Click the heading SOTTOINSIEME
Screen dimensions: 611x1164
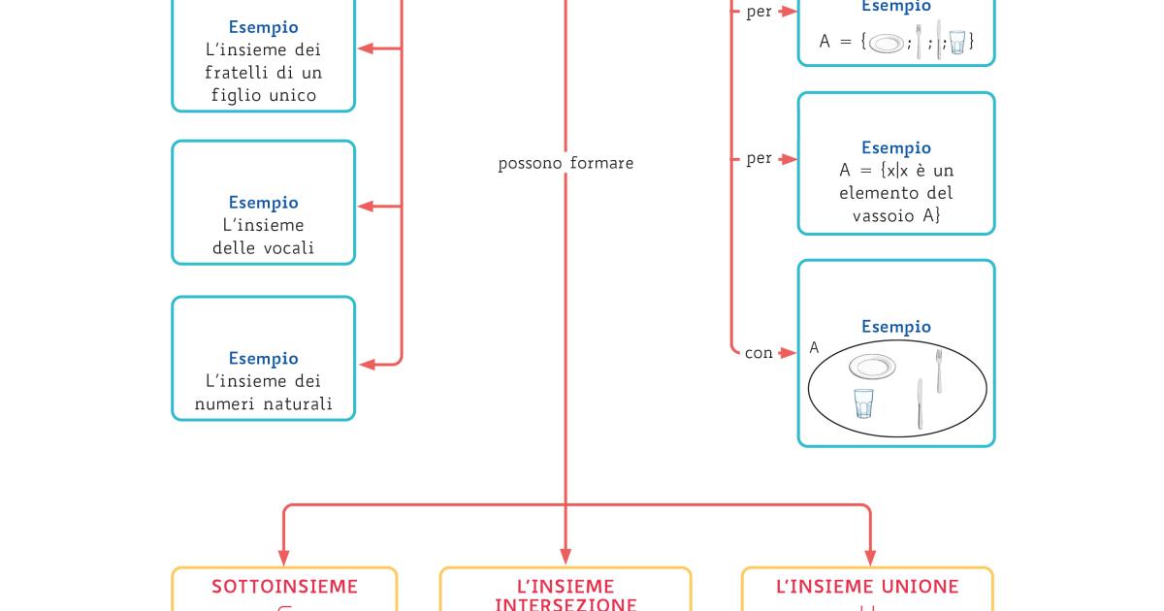click(284, 587)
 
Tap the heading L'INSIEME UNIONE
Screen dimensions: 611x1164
click(867, 587)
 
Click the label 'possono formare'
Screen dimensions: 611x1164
click(566, 163)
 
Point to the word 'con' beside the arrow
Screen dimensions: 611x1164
click(759, 353)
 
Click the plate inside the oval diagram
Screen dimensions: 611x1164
click(872, 367)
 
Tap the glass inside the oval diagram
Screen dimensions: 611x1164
click(863, 402)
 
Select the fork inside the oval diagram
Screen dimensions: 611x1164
click(938, 370)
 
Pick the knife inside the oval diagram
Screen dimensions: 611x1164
click(920, 403)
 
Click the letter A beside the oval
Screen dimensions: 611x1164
click(814, 347)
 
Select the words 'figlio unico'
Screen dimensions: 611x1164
click(264, 95)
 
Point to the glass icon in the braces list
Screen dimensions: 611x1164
click(957, 43)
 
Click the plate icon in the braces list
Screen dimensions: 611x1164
click(887, 44)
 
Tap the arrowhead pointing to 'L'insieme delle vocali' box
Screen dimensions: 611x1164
click(366, 207)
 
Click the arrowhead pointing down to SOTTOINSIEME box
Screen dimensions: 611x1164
click(284, 559)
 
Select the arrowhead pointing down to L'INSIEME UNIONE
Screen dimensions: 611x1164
click(870, 559)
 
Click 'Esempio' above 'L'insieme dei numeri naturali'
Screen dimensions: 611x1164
click(264, 358)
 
